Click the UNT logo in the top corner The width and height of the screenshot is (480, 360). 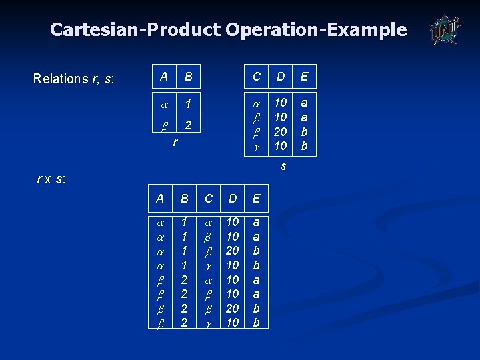tap(444, 29)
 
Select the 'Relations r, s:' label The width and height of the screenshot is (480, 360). tap(74, 79)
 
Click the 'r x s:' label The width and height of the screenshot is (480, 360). tap(51, 179)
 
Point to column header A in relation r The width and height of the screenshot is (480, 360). tap(164, 76)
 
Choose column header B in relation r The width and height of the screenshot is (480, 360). tap(189, 77)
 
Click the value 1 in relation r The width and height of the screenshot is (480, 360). tap(189, 104)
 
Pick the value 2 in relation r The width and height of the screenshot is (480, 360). tap(189, 125)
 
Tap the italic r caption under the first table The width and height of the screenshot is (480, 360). tap(175, 142)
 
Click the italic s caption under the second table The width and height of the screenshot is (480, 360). tap(283, 165)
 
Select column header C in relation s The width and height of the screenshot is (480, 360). tap(257, 77)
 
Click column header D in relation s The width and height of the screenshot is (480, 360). tap(281, 77)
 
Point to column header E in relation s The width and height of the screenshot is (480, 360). tap(304, 77)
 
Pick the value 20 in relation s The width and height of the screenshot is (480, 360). tap(281, 131)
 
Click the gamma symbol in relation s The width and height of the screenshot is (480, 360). tap(257, 146)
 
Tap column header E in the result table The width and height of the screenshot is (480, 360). tap(257, 198)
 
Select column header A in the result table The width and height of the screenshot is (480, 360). tap(160, 198)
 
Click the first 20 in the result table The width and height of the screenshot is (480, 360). tap(233, 251)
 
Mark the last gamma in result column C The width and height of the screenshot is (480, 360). tap(209, 323)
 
